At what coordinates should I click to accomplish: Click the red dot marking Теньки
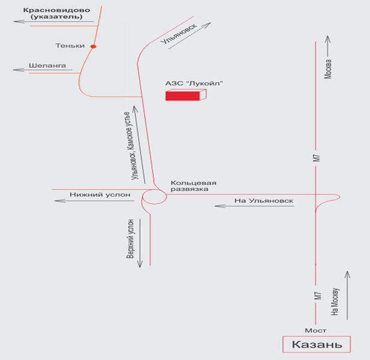[93, 46]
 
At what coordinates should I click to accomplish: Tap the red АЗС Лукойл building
[185, 95]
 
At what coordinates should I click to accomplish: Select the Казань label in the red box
[317, 345]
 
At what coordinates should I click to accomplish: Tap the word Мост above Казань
[315, 331]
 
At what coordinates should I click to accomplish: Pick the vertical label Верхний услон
[130, 239]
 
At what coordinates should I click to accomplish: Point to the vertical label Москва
[328, 70]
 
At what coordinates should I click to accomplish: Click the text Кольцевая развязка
[192, 185]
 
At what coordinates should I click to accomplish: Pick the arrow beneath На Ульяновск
[255, 206]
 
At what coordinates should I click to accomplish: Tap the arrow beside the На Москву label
[347, 294]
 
